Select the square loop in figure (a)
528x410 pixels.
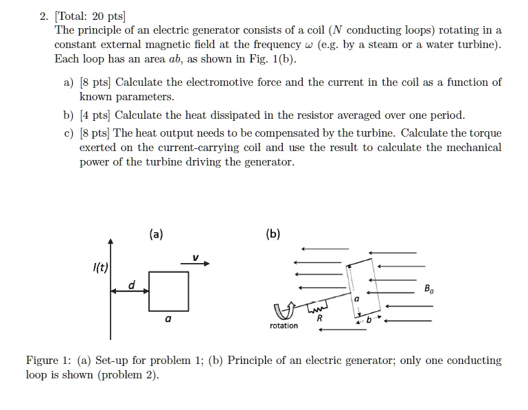pyautogui.click(x=168, y=291)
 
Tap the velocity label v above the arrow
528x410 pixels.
pyautogui.click(x=195, y=258)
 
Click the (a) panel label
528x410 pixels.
pyautogui.click(x=156, y=234)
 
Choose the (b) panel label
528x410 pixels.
pyautogui.click(x=273, y=234)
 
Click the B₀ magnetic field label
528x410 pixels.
pyautogui.click(x=429, y=288)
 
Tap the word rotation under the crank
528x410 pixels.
pyautogui.click(x=284, y=326)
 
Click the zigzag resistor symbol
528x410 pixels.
pyautogui.click(x=315, y=303)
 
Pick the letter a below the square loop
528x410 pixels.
pyautogui.click(x=168, y=320)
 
